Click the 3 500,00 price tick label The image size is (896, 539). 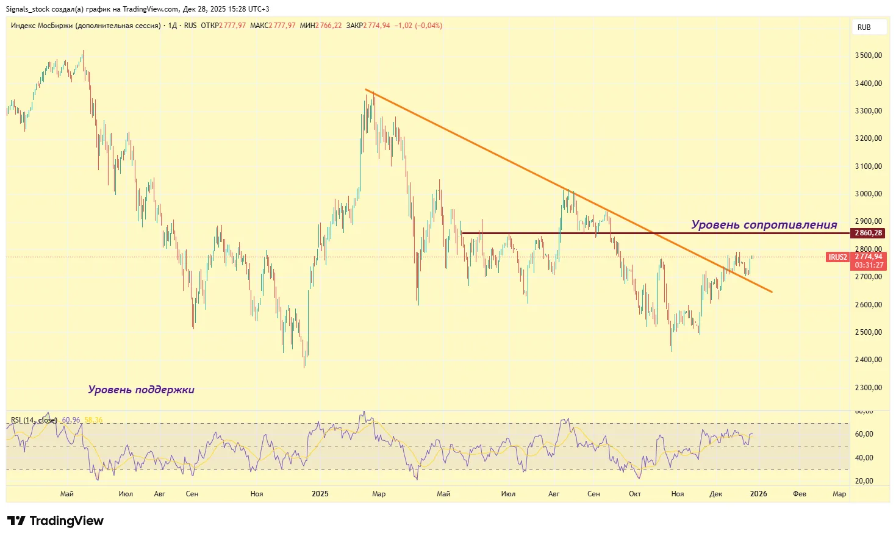868,55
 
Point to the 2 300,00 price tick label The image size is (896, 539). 868,388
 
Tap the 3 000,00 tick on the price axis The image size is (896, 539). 868,194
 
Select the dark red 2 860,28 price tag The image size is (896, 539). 868,233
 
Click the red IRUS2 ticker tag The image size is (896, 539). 837,257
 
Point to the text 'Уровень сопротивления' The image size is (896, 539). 764,224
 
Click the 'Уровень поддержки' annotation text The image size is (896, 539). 141,390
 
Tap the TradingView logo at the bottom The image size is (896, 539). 56,521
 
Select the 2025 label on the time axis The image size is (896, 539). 320,494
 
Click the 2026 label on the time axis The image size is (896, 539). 758,494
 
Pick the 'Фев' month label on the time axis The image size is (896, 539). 799,494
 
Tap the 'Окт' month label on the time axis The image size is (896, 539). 634,494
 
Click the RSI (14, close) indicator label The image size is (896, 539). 34,420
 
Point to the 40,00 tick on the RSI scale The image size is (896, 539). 864,458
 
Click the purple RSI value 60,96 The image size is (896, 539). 71,420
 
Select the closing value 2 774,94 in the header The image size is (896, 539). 376,26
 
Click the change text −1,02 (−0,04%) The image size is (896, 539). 418,26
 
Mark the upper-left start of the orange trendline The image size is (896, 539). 366,90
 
